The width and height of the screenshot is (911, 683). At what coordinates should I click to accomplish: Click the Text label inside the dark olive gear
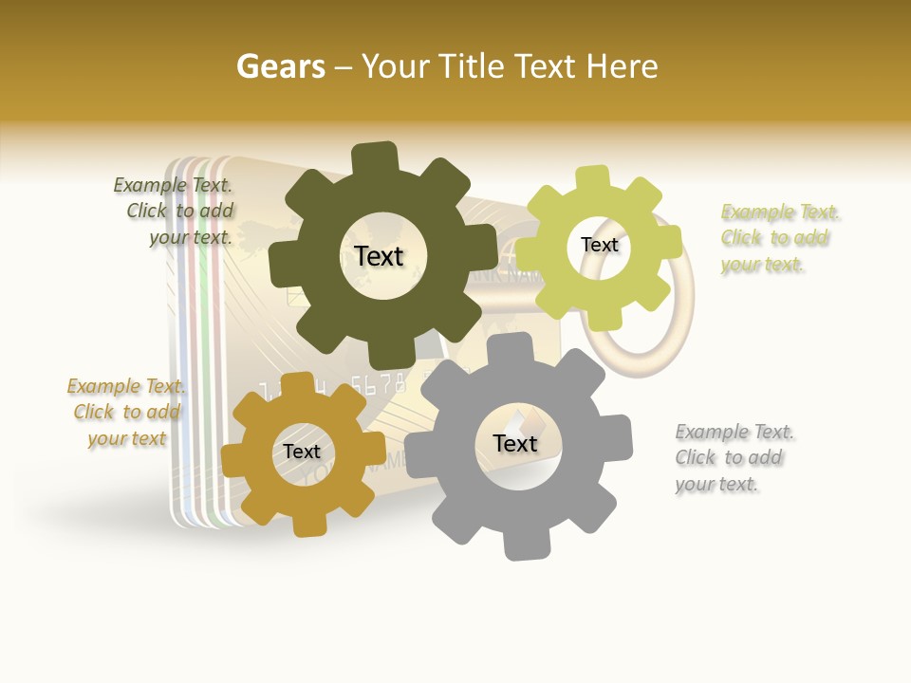pyautogui.click(x=379, y=256)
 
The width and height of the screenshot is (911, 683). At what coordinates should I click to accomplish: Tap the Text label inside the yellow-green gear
pyautogui.click(x=599, y=245)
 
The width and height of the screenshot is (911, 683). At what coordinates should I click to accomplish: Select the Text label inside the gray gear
pyautogui.click(x=515, y=443)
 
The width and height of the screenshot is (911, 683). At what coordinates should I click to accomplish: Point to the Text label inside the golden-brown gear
pyautogui.click(x=302, y=452)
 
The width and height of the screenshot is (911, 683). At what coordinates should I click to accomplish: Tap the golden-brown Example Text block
pyautogui.click(x=126, y=412)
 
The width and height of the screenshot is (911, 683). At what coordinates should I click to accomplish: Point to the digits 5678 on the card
pyautogui.click(x=378, y=384)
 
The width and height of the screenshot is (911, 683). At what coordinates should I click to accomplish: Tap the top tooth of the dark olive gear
pyautogui.click(x=374, y=157)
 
